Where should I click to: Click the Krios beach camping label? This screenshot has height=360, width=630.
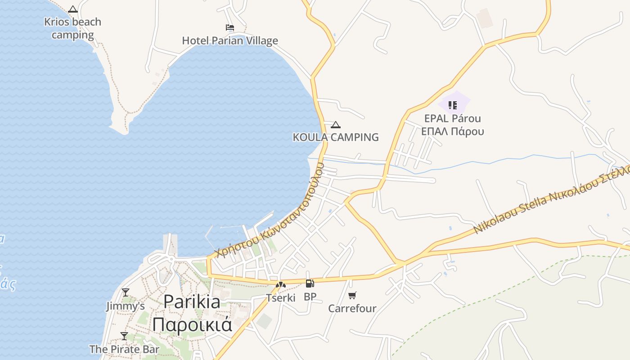coord(72,28)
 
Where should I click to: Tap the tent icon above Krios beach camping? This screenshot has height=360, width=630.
coord(73,9)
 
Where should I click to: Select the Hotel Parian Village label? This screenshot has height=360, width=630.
coord(230,40)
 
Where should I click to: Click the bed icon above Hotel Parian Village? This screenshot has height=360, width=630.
coord(230,27)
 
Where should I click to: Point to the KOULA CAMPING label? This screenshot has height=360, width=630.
coord(336,137)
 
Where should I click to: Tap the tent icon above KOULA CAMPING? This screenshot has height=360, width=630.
coord(336,125)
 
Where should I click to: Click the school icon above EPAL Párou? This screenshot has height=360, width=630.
coord(453,105)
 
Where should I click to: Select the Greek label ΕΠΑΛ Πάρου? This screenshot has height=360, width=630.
coord(453,131)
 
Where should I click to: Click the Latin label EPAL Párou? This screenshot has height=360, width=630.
coord(453,118)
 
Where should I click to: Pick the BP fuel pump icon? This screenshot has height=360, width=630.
coord(310,283)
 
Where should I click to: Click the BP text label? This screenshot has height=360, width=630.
coord(310,297)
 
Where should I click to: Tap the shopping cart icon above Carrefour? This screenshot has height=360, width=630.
coord(352,295)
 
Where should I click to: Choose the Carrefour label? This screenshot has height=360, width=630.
coord(352,308)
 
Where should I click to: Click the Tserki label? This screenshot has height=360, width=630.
coord(281,297)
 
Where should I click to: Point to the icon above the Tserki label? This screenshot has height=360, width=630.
coord(281,284)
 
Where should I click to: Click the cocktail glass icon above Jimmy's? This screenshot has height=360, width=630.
coord(126,292)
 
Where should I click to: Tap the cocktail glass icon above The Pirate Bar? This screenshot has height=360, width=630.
coord(124,336)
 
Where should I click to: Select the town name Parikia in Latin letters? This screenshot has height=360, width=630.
coord(192,301)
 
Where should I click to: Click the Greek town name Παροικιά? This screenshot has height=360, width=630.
coord(192,324)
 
